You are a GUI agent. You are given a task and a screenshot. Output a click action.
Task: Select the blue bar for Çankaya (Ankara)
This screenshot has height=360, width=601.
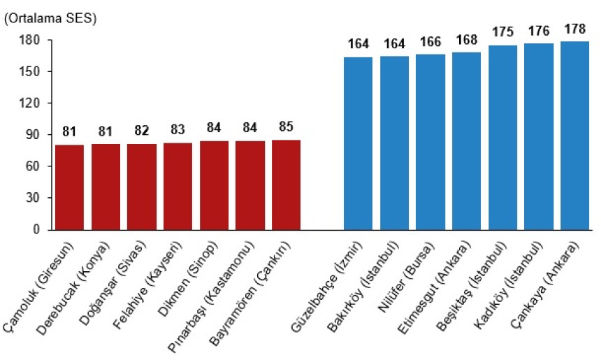coord(574,136)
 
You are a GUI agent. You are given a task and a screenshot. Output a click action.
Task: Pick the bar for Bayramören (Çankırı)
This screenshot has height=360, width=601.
coord(286,185)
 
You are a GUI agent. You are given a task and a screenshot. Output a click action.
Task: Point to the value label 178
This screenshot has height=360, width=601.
coord(574,29)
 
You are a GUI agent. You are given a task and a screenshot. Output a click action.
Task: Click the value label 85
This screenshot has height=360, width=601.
coord(286,127)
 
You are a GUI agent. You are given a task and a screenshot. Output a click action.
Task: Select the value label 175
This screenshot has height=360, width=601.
coord(502,32)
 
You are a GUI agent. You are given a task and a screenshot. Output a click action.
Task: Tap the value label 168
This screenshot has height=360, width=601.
coord(466,40)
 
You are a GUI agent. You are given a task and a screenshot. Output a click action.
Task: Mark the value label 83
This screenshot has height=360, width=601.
coord(178,130)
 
